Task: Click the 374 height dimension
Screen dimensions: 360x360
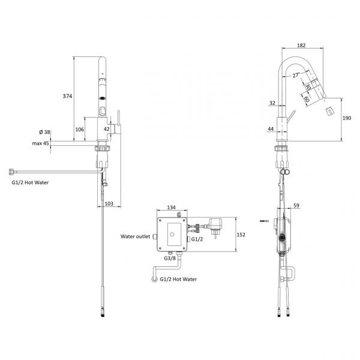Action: pyautogui.click(x=67, y=96)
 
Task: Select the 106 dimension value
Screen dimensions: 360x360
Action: pyautogui.click(x=80, y=130)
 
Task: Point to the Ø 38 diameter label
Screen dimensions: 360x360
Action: pyautogui.click(x=44, y=132)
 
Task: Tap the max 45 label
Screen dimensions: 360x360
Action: pyautogui.click(x=40, y=143)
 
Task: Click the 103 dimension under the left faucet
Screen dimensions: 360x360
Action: pyautogui.click(x=109, y=203)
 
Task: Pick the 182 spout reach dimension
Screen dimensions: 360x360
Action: pyautogui.click(x=301, y=46)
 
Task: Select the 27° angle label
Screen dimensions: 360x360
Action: pyautogui.click(x=296, y=75)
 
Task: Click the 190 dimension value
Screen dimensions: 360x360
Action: pyautogui.click(x=347, y=118)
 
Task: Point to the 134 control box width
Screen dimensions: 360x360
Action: pyautogui.click(x=171, y=208)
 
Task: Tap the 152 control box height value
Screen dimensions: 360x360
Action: pyautogui.click(x=241, y=235)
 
